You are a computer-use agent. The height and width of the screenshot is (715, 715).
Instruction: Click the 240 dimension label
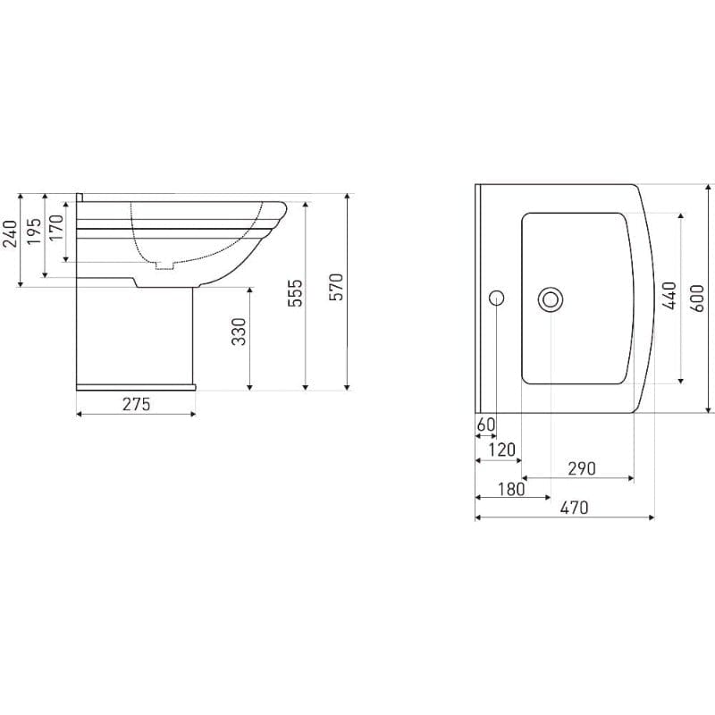coord(11,233)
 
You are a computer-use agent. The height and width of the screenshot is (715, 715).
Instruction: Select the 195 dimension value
coord(34,231)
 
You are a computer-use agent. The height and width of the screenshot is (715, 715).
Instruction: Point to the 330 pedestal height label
coord(239,332)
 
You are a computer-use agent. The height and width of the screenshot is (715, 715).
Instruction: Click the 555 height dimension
coord(296,293)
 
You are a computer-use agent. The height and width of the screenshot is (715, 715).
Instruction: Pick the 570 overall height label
coord(336,287)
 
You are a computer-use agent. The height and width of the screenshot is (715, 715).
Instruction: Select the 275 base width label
coord(136,404)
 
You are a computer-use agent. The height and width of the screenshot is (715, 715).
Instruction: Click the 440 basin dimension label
coord(670,295)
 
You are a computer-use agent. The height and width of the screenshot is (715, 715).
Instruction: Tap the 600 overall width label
coord(697,299)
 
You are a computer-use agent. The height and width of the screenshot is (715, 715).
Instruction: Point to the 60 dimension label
coord(485,425)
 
